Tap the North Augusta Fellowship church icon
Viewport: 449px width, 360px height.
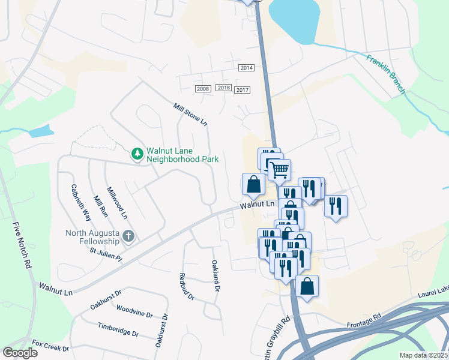(x=128, y=236)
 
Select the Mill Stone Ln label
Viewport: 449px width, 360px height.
(x=190, y=114)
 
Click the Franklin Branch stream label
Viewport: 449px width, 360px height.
(x=387, y=74)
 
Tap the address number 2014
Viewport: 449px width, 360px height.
(x=246, y=68)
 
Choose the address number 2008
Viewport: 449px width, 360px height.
(x=203, y=89)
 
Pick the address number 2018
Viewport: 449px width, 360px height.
(x=224, y=88)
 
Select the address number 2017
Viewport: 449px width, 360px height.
(x=243, y=90)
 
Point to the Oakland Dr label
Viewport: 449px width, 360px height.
(x=215, y=275)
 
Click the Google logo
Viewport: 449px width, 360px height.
(x=20, y=353)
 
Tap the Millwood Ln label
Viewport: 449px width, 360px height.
(x=117, y=203)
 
